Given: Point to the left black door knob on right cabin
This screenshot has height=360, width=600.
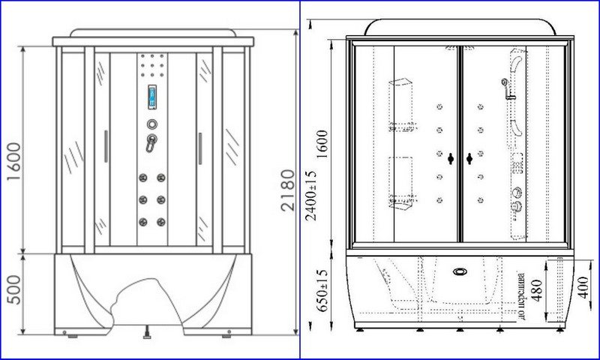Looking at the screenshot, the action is [450, 158].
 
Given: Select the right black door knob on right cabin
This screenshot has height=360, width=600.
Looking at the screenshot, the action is [469, 158].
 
